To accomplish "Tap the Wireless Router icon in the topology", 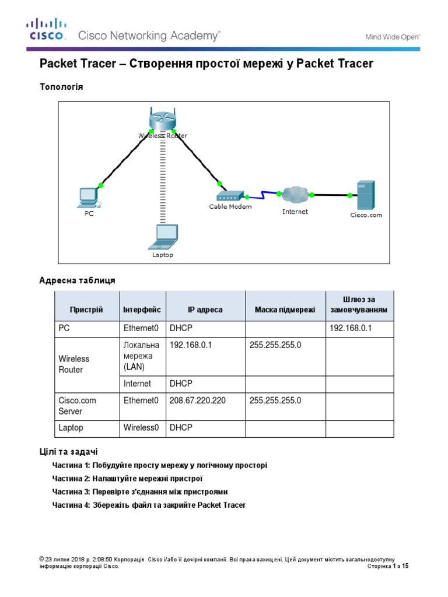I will pyautogui.click(x=162, y=121).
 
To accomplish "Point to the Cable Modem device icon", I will pyautogui.click(x=230, y=196).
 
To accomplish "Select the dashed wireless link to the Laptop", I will pyautogui.click(x=163, y=181).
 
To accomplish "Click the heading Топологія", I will pyautogui.click(x=61, y=87).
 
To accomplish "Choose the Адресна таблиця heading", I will pyautogui.click(x=77, y=280).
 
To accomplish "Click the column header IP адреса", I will pyautogui.click(x=205, y=310).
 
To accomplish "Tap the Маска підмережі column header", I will pyautogui.click(x=285, y=310).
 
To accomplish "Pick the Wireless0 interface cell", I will pyautogui.click(x=141, y=427).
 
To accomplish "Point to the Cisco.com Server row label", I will pyautogui.click(x=78, y=406).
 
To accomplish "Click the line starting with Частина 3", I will pyautogui.click(x=140, y=491).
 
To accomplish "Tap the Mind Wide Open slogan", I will pyautogui.click(x=393, y=36).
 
